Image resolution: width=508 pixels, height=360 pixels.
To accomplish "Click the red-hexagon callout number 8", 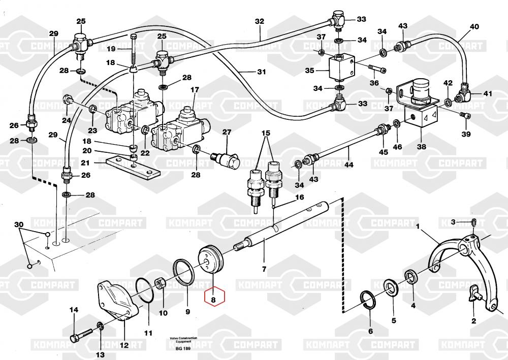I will point(214,300).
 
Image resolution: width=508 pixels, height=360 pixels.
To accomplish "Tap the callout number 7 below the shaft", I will point(264,269).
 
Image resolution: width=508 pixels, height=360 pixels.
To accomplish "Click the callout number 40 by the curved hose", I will point(474,26).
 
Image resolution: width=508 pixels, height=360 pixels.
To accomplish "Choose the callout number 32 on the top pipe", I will point(260,21).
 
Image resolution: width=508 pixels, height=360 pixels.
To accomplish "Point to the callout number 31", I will point(261,72).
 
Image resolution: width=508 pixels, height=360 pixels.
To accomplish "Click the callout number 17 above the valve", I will point(195,90).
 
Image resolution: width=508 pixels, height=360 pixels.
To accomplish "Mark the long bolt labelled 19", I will point(133,51).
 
